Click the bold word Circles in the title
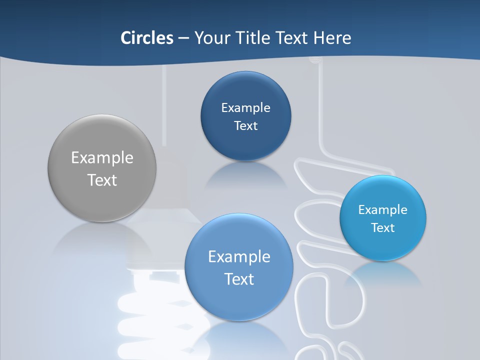point(146,38)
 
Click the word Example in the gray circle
point(102,158)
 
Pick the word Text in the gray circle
point(102,180)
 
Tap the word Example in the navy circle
point(245,108)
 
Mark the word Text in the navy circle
point(245,126)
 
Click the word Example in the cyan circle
point(382,210)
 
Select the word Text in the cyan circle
point(383,228)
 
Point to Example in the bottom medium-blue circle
point(239,257)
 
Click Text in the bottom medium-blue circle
point(239,279)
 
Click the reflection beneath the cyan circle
point(382,272)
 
